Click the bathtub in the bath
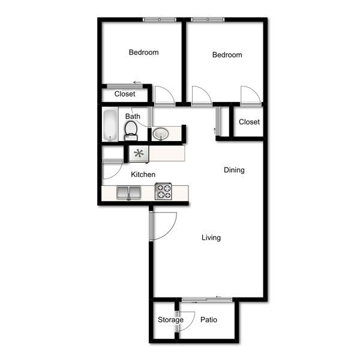coord(110,125)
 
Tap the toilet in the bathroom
coord(131,131)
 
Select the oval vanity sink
coord(160,134)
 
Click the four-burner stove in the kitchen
coord(163,191)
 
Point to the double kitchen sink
coord(129,193)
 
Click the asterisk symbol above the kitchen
coord(139,154)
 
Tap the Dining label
coord(234,170)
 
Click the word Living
coord(211,238)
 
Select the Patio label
coord(209,320)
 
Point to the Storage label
coord(170,320)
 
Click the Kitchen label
coord(143,175)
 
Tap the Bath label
coord(133,116)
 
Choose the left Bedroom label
coord(144,52)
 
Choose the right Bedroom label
coord(227,55)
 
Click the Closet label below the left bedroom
coord(125,94)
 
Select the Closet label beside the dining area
coord(249,122)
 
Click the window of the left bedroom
coord(160,20)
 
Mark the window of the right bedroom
coord(208,20)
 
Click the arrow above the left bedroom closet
coord(137,82)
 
